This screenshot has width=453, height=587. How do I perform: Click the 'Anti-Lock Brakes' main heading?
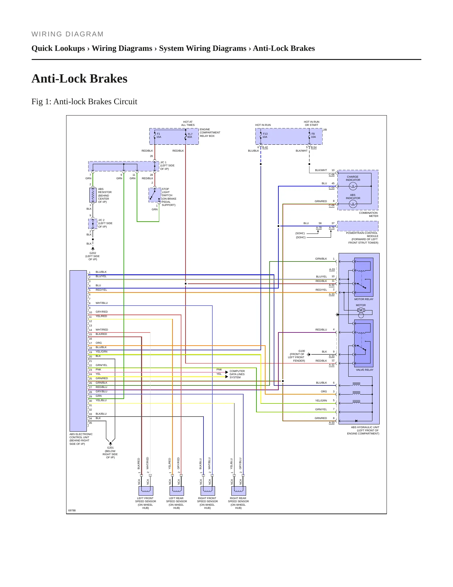tap(79, 78)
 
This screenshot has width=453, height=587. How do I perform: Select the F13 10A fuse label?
tap(265, 135)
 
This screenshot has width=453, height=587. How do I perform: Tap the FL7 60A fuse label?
tap(190, 135)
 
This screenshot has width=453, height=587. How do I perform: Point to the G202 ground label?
tap(93, 253)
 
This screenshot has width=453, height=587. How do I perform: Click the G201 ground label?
tap(110, 448)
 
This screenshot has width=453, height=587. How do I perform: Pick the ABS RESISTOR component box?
tap(93, 195)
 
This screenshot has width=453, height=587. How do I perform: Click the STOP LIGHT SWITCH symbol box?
tap(155, 195)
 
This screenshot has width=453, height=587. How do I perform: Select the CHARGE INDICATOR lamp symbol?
tap(353, 186)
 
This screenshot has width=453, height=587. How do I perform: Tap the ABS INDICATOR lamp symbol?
tap(353, 204)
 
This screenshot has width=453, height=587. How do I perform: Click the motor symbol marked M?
tap(361, 310)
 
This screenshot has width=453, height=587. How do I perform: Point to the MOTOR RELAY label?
tap(364, 299)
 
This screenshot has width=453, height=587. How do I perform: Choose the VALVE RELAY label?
tap(365, 370)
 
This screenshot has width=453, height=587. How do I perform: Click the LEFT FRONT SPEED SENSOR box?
tap(146, 491)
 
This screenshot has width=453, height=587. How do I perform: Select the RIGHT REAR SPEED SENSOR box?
tap(239, 491)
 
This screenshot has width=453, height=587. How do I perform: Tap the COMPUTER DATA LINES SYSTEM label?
tap(237, 374)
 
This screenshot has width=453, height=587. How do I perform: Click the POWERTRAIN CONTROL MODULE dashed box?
tap(358, 226)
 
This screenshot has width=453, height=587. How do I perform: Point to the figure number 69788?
tap(72, 510)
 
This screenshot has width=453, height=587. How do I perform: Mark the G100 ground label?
tap(302, 351)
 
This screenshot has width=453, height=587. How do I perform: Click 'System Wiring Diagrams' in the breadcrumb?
tap(203, 48)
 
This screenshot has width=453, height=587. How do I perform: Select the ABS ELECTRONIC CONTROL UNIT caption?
tap(81, 439)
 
